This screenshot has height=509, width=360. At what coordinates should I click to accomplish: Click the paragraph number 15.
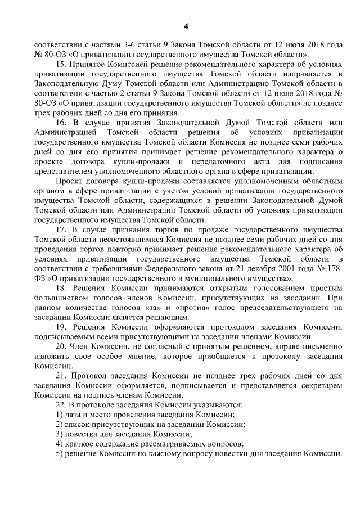pyautogui.click(x=61, y=64)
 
